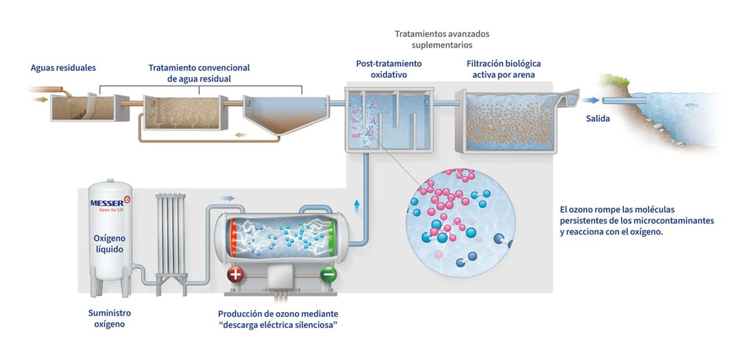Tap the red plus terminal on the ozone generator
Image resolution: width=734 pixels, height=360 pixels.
coord(235,274)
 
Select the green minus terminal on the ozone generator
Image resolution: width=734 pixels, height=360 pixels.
coord(329,274)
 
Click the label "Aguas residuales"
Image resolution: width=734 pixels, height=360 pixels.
coord(63,68)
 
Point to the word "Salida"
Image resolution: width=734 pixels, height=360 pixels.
coord(598,119)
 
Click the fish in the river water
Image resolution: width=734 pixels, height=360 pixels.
coord(689,105)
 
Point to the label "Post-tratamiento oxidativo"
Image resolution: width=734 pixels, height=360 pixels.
coord(389,69)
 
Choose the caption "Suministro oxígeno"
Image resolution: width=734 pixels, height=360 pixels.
coord(110,319)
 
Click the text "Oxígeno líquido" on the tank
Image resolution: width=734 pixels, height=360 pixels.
coord(110,244)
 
